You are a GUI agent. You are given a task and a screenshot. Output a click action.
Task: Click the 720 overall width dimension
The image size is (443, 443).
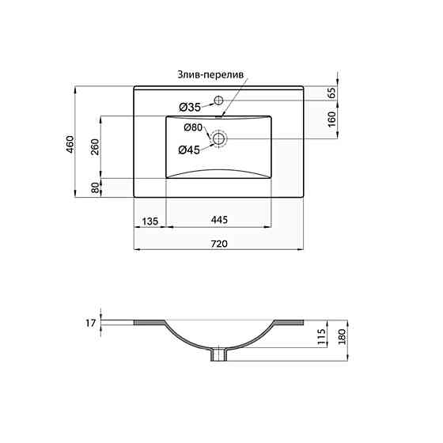click(218, 244)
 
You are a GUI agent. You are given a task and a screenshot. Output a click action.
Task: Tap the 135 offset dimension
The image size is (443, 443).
click(150, 220)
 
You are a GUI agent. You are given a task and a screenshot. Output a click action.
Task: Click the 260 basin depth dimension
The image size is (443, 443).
click(94, 147)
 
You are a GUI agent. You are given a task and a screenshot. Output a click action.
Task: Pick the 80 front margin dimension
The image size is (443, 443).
click(94, 188)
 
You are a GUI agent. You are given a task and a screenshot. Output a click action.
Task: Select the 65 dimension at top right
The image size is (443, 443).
click(332, 93)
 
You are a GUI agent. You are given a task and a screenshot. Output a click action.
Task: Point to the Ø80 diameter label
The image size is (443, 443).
click(194, 128)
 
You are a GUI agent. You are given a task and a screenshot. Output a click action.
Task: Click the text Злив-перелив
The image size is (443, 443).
click(211, 74)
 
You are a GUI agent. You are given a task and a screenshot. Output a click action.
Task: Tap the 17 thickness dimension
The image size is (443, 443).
click(90, 323)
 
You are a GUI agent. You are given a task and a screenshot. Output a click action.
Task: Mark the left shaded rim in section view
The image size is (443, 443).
click(150, 322)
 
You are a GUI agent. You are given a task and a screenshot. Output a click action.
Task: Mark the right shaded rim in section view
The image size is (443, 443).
click(288, 322)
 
